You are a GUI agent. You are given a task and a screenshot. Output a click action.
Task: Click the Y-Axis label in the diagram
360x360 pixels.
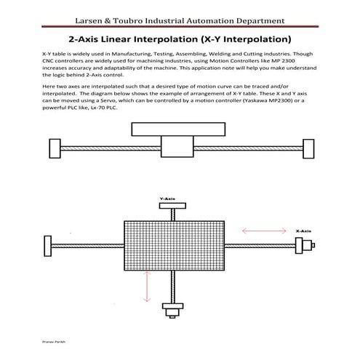pos(168,199)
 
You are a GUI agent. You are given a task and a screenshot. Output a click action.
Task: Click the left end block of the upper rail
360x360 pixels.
pos(53,148)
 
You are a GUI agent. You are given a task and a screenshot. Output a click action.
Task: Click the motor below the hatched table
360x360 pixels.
pos(173,313)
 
